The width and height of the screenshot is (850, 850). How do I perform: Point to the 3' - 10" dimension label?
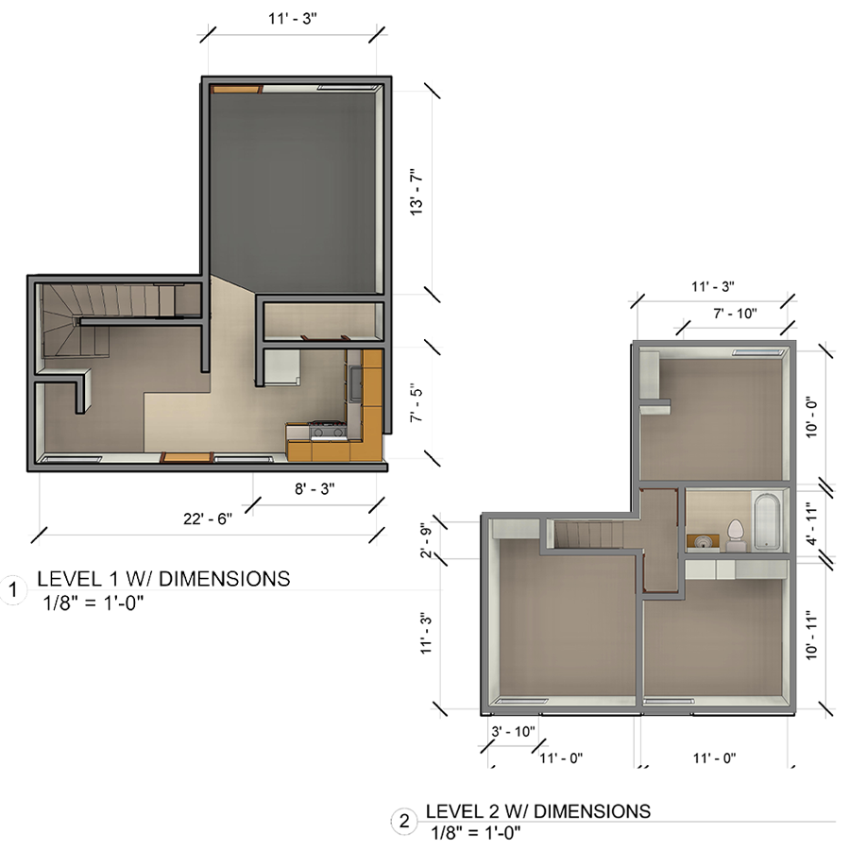[x=512, y=731]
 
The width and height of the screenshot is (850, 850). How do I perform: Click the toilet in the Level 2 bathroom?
[x=735, y=535]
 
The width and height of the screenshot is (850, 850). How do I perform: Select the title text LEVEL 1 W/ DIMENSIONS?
[x=162, y=579]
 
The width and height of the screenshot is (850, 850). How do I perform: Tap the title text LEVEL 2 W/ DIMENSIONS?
[x=537, y=811]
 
